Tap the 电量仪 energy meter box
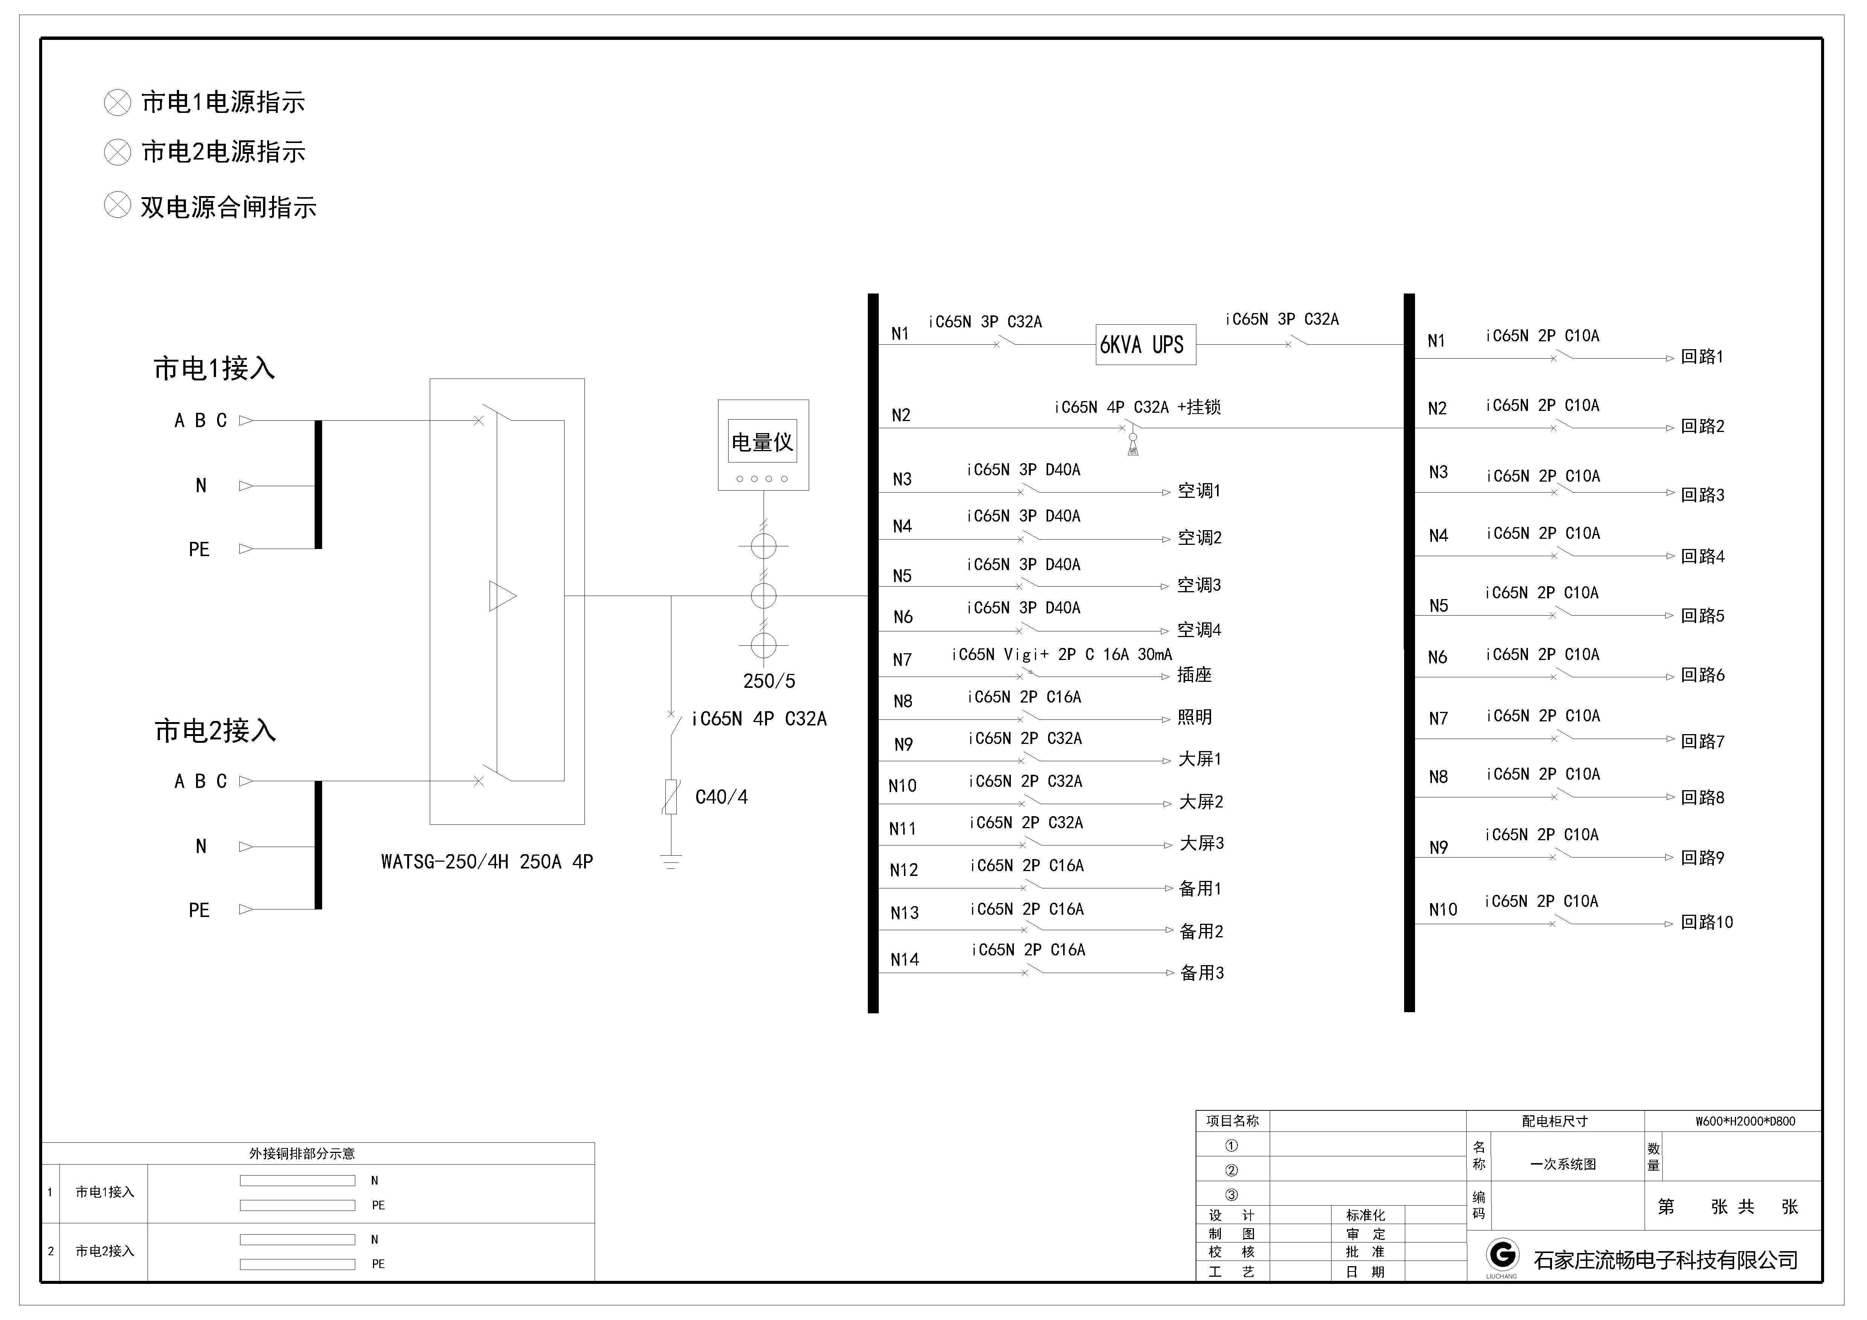pos(763,445)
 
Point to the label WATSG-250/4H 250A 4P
pos(487,862)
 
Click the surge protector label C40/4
pos(721,797)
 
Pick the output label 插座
pos(1194,675)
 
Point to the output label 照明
pos(1194,717)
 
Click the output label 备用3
pos(1202,973)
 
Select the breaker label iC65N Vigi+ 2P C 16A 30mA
pos(1062,654)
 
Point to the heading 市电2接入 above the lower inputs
pos(216,731)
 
